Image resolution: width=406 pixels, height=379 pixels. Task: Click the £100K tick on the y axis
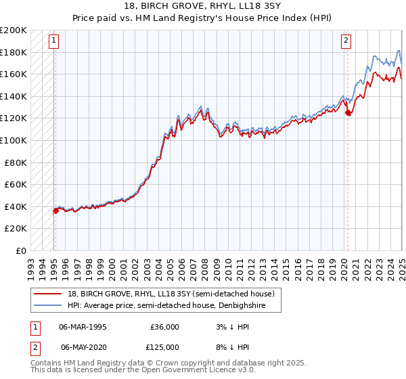[14, 140]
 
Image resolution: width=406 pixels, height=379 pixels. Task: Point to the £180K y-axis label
[14, 52]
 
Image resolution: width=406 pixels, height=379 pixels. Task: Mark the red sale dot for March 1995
[55, 210]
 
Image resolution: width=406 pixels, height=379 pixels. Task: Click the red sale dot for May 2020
[348, 113]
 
